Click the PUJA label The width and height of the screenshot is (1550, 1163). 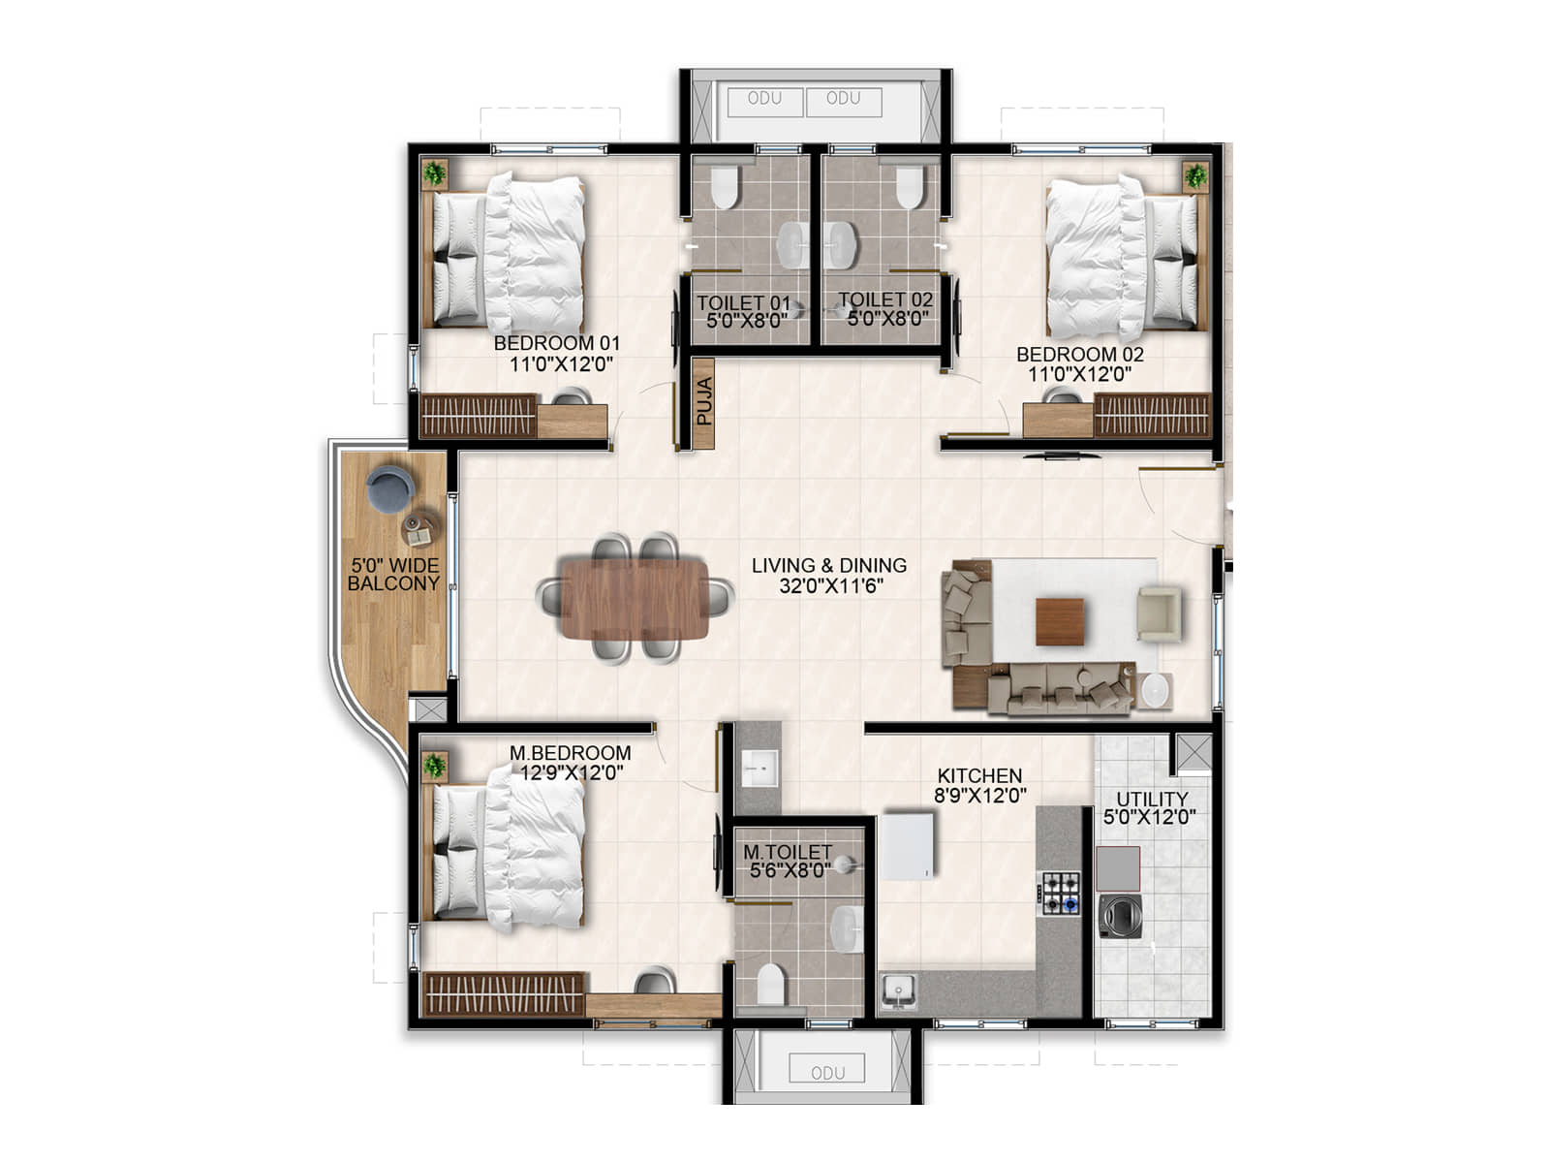click(x=704, y=401)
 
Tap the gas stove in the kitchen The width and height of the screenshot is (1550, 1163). click(x=1060, y=894)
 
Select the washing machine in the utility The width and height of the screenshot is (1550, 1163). click(x=1120, y=916)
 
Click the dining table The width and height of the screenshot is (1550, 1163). click(x=635, y=600)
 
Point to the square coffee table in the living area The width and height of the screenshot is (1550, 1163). click(x=1059, y=621)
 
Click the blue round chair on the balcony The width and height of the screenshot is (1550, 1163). click(x=389, y=487)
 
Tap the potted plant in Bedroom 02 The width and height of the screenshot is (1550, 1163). click(x=1194, y=175)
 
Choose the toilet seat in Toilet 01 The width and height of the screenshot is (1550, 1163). click(x=724, y=186)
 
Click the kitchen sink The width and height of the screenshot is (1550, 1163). click(x=898, y=990)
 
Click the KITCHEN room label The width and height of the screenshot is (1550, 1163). click(x=978, y=775)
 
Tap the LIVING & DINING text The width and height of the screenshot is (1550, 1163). click(x=829, y=565)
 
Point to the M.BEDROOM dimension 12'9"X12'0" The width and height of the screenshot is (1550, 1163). click(x=572, y=772)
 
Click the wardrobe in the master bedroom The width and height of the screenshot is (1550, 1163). click(x=504, y=993)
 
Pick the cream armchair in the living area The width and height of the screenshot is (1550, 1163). click(x=1158, y=613)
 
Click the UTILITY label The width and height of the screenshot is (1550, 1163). click(x=1151, y=799)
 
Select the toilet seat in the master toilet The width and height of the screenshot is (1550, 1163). click(x=770, y=983)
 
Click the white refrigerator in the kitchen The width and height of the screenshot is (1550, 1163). click(x=906, y=847)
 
